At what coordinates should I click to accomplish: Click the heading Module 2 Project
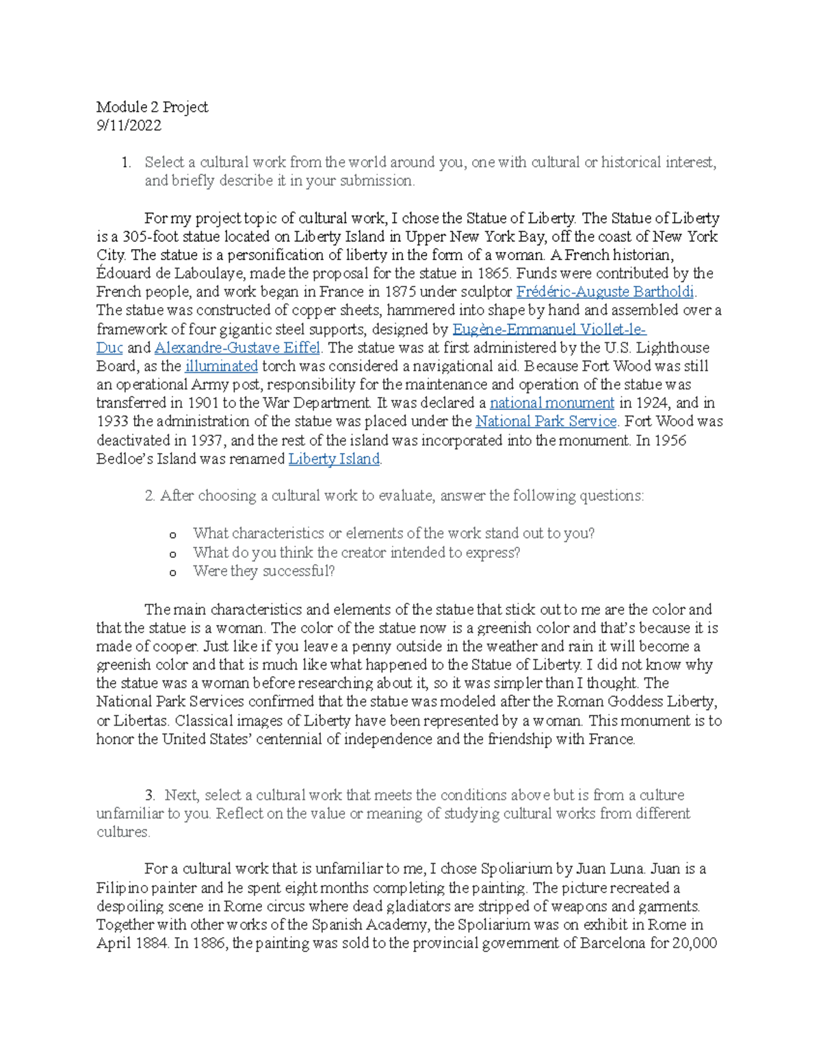click(x=152, y=107)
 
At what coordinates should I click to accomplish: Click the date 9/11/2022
click(x=129, y=125)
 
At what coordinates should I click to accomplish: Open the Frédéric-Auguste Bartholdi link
click(x=605, y=292)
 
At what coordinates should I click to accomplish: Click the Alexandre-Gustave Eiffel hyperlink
click(x=237, y=348)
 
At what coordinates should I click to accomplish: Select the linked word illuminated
click(x=221, y=366)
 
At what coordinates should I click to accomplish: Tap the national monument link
click(x=551, y=403)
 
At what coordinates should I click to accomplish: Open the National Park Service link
click(x=545, y=422)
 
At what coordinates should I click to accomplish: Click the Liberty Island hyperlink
click(x=333, y=459)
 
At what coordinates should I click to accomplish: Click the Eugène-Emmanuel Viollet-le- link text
click(x=549, y=329)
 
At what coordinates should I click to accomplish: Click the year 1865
click(x=495, y=274)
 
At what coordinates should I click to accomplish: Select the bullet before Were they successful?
click(x=173, y=573)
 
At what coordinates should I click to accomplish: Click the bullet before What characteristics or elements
click(x=173, y=535)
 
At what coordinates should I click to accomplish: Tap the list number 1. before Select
click(x=125, y=163)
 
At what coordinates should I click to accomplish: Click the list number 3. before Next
click(x=151, y=795)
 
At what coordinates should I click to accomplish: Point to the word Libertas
click(x=141, y=721)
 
